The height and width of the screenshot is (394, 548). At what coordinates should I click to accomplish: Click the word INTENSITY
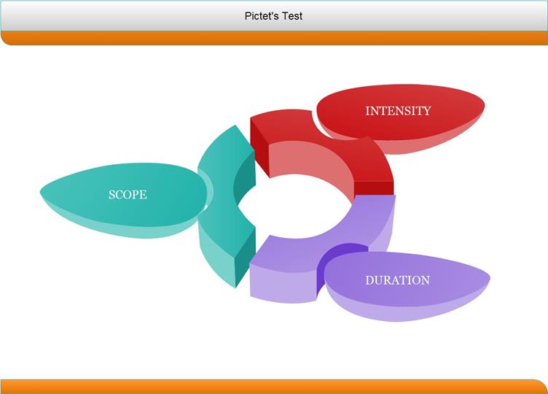[398, 111]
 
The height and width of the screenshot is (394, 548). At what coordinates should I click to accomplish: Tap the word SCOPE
[128, 195]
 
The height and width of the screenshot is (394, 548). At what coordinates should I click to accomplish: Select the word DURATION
[398, 280]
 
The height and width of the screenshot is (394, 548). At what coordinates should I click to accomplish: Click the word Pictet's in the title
[262, 16]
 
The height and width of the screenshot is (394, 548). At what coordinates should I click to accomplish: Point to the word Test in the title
[292, 16]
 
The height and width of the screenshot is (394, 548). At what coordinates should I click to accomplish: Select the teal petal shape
[124, 200]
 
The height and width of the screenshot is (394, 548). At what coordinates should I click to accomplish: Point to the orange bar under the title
[274, 38]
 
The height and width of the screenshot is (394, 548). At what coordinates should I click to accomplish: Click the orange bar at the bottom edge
[274, 387]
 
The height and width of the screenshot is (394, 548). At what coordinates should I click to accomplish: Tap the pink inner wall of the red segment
[311, 164]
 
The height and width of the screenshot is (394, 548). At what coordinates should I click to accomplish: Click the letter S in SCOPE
[111, 195]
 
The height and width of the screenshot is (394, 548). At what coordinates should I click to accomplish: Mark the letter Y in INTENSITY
[427, 111]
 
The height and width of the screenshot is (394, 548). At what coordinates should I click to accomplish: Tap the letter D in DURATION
[369, 280]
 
